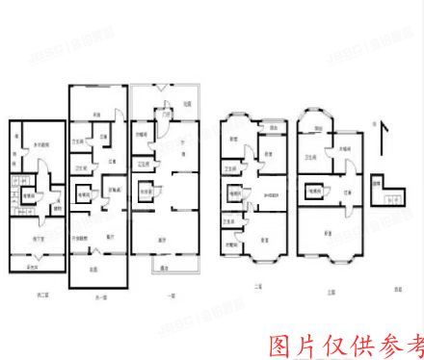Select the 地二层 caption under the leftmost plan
tap(39, 292)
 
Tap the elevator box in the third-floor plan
tap(313, 192)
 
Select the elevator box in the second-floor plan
tap(234, 193)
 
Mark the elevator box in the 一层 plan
tap(146, 192)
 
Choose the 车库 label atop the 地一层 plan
tap(96, 116)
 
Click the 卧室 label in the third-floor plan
tap(329, 232)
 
